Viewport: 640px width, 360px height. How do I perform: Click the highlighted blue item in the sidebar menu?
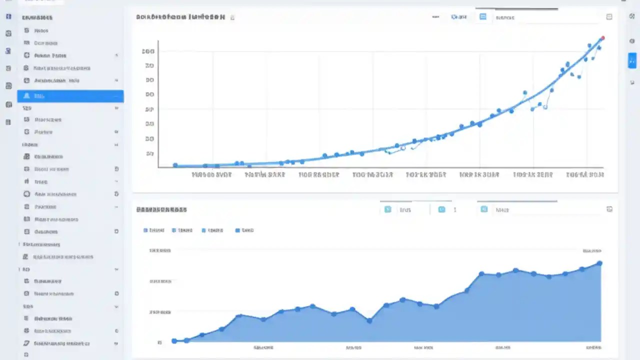point(70,96)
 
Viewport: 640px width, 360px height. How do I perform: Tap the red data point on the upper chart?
point(602,38)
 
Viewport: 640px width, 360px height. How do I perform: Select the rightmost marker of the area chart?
point(599,263)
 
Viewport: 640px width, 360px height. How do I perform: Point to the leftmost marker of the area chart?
point(174,341)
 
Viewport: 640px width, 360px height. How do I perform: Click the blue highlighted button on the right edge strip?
point(632,60)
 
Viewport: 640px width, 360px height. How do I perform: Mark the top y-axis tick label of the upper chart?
point(148,51)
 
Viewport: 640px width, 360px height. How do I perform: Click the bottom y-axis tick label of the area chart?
point(159,343)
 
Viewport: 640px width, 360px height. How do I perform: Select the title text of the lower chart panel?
point(161,210)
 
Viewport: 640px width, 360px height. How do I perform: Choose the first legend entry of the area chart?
point(154,230)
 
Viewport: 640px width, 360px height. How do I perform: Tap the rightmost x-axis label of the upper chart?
point(585,175)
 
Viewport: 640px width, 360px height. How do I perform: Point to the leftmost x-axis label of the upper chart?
point(212,175)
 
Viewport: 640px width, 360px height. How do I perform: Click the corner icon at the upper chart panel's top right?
point(609,17)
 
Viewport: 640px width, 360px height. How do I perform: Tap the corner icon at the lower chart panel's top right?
point(609,209)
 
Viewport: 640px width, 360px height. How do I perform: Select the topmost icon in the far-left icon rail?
point(8,16)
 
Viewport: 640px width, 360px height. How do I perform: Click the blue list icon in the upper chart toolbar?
point(483,17)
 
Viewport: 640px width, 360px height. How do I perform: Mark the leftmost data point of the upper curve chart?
point(175,165)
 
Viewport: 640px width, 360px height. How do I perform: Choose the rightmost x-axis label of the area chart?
point(593,347)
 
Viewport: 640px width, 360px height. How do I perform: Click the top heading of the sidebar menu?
point(37,17)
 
